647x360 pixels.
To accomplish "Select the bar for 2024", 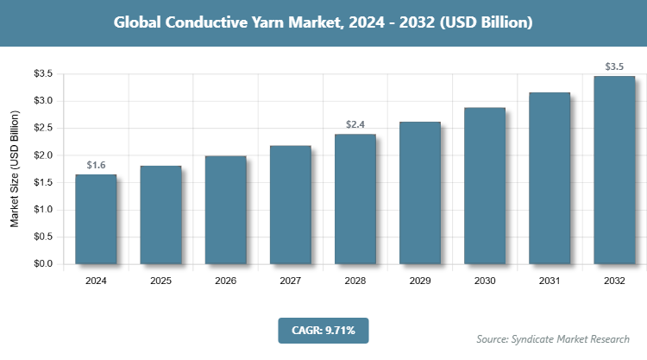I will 96,219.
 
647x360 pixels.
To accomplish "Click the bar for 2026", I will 225,210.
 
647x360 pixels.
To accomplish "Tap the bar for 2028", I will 355,199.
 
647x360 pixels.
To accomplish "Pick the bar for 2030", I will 485,186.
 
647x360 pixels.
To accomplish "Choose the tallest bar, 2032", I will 614,169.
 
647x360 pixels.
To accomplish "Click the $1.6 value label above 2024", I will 96,164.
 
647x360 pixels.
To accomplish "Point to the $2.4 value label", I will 355,124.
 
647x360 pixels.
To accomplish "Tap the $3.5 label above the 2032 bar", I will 614,66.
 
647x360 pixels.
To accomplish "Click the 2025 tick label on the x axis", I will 160,281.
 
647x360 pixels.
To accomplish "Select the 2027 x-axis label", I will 290,281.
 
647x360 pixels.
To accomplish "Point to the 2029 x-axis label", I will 420,281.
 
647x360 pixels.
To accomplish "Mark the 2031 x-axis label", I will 550,281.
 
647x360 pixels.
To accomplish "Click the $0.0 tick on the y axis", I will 43,263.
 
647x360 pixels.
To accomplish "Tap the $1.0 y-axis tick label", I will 43,210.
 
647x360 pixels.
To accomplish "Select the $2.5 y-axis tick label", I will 43,128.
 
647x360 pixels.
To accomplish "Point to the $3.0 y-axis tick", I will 43,101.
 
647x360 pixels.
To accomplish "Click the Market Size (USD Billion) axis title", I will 15,169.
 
